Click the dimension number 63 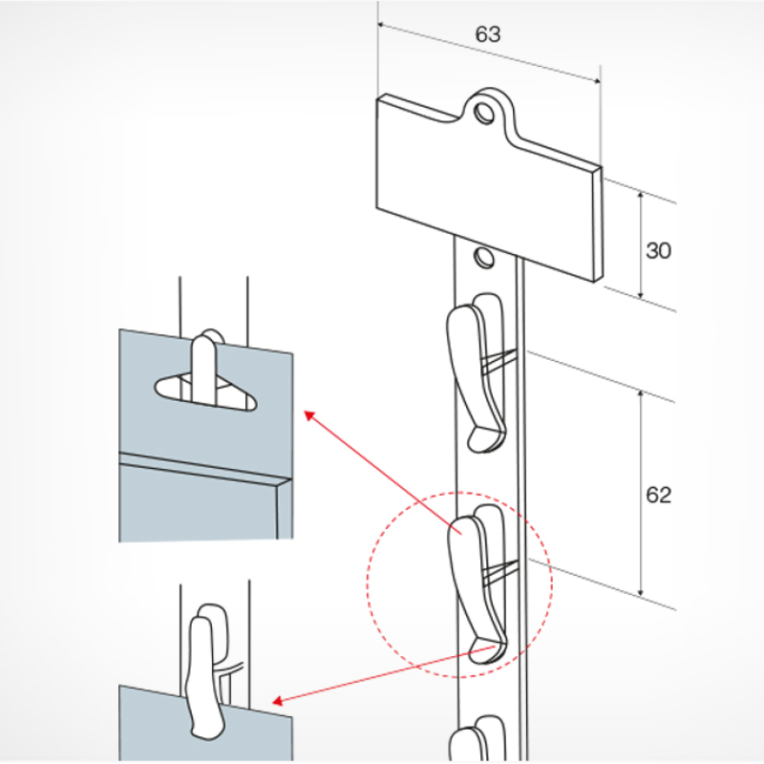point(487,35)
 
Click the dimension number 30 point(658,251)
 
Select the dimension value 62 point(658,495)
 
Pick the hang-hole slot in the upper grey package point(206,392)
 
